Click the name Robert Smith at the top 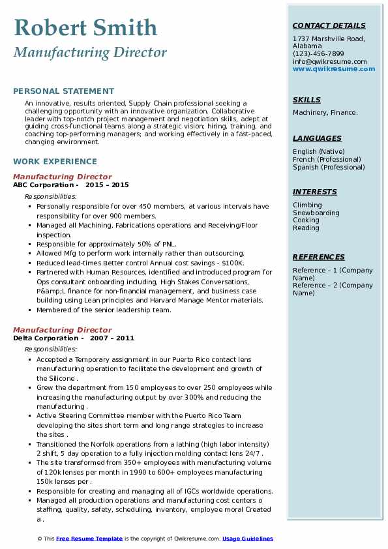pos(85,27)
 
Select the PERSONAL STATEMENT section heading pos(63,91)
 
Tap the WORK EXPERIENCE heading pos(55,162)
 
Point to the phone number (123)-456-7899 pos(318,54)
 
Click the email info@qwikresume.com pos(329,62)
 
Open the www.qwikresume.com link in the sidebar pos(329,69)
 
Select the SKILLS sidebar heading pos(306,100)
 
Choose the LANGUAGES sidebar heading pos(317,138)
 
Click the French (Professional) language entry pos(327,160)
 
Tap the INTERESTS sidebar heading pos(315,192)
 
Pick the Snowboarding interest pos(316,213)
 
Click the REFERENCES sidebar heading pos(319,257)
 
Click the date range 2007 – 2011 pos(112,338)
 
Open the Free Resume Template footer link pos(89,539)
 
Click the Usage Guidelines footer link pos(248,539)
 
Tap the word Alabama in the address pos(306,46)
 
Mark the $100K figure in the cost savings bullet pos(232,263)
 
